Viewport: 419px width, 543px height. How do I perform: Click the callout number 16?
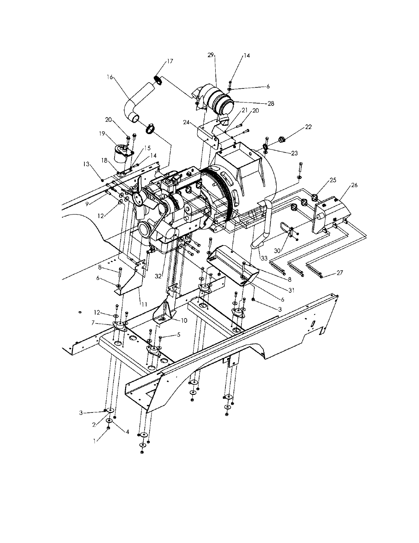click(x=110, y=77)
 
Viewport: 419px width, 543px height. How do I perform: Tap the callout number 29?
click(x=211, y=55)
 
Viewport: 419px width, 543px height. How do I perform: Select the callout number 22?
click(x=308, y=127)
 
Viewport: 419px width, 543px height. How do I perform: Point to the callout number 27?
click(x=340, y=273)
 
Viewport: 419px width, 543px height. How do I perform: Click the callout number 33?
click(x=264, y=259)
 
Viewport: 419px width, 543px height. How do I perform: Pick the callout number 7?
click(x=93, y=323)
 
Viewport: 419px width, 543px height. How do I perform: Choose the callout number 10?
click(x=184, y=321)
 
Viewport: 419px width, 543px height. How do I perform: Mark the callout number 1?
click(x=94, y=441)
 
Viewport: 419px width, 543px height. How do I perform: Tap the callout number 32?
click(x=158, y=276)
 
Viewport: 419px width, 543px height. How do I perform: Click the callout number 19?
click(x=102, y=134)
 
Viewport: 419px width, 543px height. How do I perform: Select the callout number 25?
click(x=333, y=180)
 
